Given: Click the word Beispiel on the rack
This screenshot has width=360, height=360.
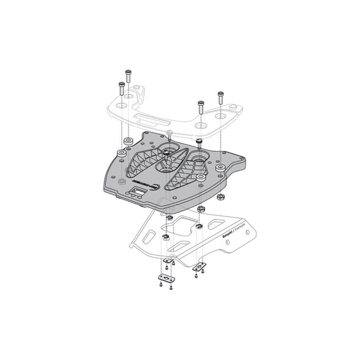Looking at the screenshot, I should coord(226,235).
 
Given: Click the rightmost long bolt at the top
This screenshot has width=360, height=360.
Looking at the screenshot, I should coord(220,96).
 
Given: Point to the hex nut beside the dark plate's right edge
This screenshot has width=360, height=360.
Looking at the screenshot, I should coord(219,197).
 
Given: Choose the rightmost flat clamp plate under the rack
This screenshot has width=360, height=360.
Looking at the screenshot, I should coord(199,265).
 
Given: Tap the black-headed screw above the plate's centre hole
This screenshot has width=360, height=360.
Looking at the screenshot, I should coord(170,137).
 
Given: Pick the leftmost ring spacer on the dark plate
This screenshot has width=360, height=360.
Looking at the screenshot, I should coord(120,154).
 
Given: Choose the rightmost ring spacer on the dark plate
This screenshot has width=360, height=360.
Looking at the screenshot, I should coord(201,177).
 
